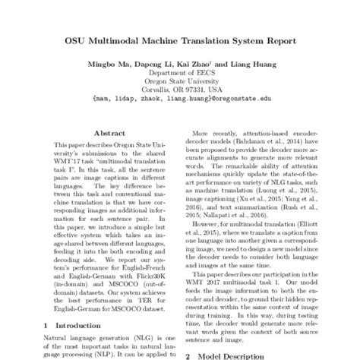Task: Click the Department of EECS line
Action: pyautogui.click(x=180, y=69)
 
